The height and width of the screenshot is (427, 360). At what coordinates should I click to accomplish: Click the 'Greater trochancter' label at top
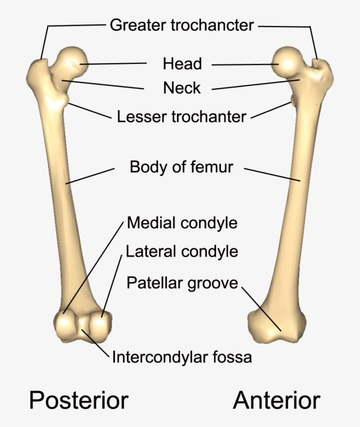pyautogui.click(x=182, y=25)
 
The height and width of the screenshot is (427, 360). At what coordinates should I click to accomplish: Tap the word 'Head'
pyautogui.click(x=182, y=64)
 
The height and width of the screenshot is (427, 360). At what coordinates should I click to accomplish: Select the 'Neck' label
pyautogui.click(x=182, y=88)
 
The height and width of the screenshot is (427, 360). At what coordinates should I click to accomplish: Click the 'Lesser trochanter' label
pyautogui.click(x=181, y=117)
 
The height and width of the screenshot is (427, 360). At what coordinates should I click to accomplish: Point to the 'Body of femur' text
pyautogui.click(x=181, y=167)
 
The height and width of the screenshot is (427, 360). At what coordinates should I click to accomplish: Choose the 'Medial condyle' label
pyautogui.click(x=182, y=223)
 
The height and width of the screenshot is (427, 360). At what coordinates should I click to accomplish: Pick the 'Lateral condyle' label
pyautogui.click(x=182, y=252)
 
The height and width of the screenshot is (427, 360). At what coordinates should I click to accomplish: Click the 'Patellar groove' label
pyautogui.click(x=182, y=283)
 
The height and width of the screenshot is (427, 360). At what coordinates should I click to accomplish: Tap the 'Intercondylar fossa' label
pyautogui.click(x=182, y=357)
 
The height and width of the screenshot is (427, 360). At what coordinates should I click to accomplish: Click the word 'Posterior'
pyautogui.click(x=79, y=400)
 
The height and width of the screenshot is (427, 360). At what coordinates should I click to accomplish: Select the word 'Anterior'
pyautogui.click(x=277, y=400)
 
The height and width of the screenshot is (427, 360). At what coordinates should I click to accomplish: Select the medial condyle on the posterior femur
pyautogui.click(x=66, y=325)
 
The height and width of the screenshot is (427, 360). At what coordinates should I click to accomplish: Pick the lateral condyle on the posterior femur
pyautogui.click(x=99, y=325)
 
